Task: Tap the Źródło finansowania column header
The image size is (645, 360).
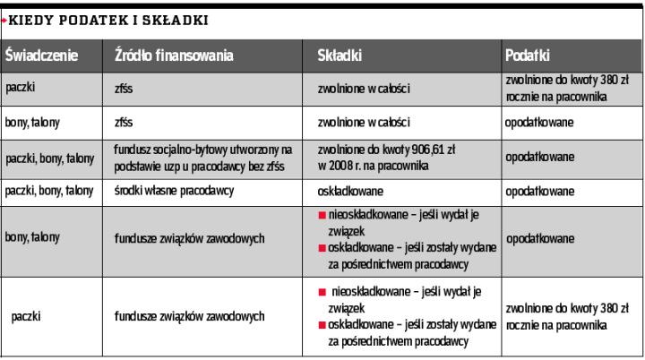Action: click(174, 56)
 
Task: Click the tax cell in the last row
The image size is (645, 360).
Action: click(557, 316)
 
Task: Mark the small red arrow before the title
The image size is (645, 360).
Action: click(4, 19)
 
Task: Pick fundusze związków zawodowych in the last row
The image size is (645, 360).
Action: click(188, 316)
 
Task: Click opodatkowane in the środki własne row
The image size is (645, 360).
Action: click(539, 190)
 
